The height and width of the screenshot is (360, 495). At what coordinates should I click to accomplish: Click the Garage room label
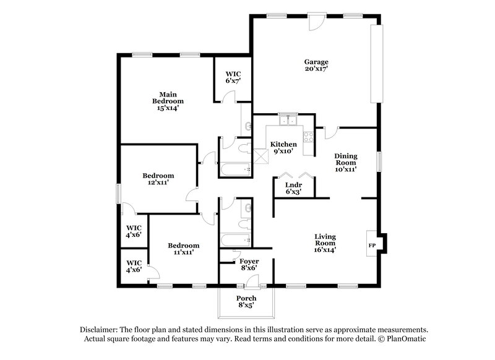(x=316, y=62)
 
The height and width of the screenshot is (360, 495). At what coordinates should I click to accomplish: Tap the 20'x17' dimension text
(x=316, y=69)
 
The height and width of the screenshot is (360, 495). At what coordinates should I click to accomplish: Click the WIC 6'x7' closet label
(x=233, y=77)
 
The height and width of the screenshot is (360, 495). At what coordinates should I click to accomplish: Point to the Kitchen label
(x=283, y=144)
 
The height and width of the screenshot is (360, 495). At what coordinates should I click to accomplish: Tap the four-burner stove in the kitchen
(x=308, y=137)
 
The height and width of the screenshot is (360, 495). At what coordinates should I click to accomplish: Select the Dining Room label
(x=346, y=160)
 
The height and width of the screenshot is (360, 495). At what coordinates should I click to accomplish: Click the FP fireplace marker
(x=372, y=246)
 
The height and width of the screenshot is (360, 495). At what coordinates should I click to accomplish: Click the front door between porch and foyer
(x=252, y=281)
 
